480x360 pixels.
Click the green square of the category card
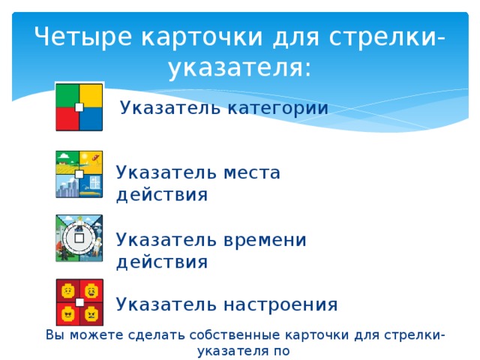(x=67, y=94)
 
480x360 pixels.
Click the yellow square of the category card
(x=91, y=94)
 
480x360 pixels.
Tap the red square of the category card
(x=67, y=118)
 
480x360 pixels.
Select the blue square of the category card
(x=91, y=118)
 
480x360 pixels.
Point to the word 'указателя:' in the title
(x=239, y=69)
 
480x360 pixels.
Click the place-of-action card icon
(x=79, y=174)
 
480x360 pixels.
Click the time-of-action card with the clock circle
(x=79, y=238)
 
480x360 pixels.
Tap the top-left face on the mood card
(x=67, y=291)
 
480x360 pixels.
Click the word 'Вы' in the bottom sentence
(x=54, y=334)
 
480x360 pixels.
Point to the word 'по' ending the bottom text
(x=280, y=349)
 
